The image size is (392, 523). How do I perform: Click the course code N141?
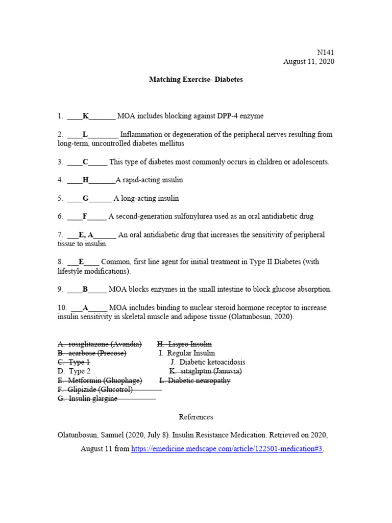(325, 52)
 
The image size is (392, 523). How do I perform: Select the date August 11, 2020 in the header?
(309, 62)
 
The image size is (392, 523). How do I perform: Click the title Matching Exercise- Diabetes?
(196, 80)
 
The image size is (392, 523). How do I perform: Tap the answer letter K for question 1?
(86, 116)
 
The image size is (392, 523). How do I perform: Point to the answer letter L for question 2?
(85, 135)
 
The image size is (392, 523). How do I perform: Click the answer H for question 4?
(85, 180)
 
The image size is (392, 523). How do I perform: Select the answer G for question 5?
(85, 198)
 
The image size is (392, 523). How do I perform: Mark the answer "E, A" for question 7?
(86, 235)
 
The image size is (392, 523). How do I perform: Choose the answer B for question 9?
(85, 290)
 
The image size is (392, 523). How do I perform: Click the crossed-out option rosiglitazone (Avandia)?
(100, 344)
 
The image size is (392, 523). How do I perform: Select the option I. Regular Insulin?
(187, 353)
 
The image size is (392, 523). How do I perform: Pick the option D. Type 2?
(74, 371)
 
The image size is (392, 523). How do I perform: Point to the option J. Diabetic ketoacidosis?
(208, 362)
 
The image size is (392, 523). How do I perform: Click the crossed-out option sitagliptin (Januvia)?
(206, 371)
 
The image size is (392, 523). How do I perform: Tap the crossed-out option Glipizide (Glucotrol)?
(95, 390)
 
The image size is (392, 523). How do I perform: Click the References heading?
(196, 417)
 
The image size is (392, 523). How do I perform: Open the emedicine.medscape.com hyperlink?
(227, 449)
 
